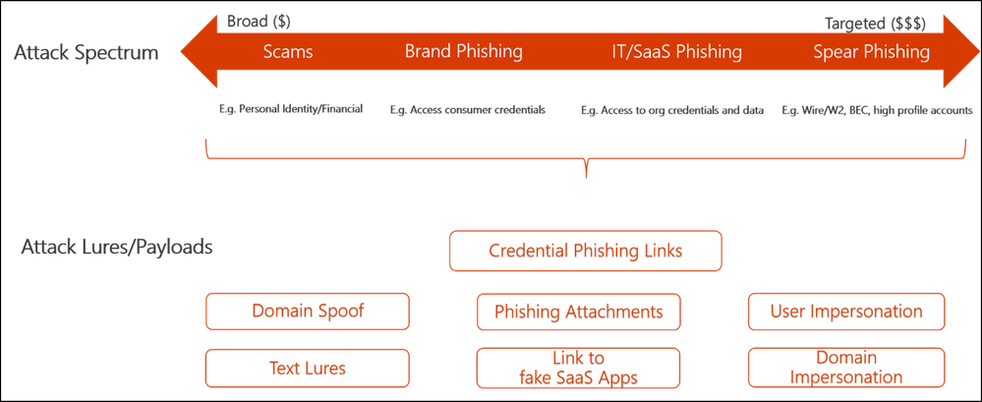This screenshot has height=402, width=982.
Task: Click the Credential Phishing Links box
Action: [585, 251]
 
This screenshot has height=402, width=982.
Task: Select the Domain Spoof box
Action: [308, 312]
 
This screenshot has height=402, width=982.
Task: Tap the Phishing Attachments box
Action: [578, 312]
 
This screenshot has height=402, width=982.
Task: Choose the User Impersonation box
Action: [846, 312]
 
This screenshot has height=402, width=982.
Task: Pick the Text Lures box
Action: [308, 368]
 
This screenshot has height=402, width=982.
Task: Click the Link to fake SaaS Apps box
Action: [578, 368]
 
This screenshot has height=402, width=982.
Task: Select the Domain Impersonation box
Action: [846, 368]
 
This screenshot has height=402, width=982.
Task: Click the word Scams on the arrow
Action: [288, 51]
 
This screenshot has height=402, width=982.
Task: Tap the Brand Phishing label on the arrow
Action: [463, 51]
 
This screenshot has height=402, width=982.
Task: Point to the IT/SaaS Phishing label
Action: [676, 51]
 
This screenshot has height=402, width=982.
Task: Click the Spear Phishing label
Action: [871, 51]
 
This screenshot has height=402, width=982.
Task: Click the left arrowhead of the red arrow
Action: [199, 51]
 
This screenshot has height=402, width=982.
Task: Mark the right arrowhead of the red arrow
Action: [961, 51]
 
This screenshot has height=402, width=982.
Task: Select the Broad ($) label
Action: [259, 22]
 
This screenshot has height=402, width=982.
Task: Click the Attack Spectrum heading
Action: [86, 53]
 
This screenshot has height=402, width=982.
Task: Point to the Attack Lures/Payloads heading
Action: [117, 248]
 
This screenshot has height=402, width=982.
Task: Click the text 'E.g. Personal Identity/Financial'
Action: [289, 110]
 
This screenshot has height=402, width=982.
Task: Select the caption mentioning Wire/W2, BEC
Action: [877, 111]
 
